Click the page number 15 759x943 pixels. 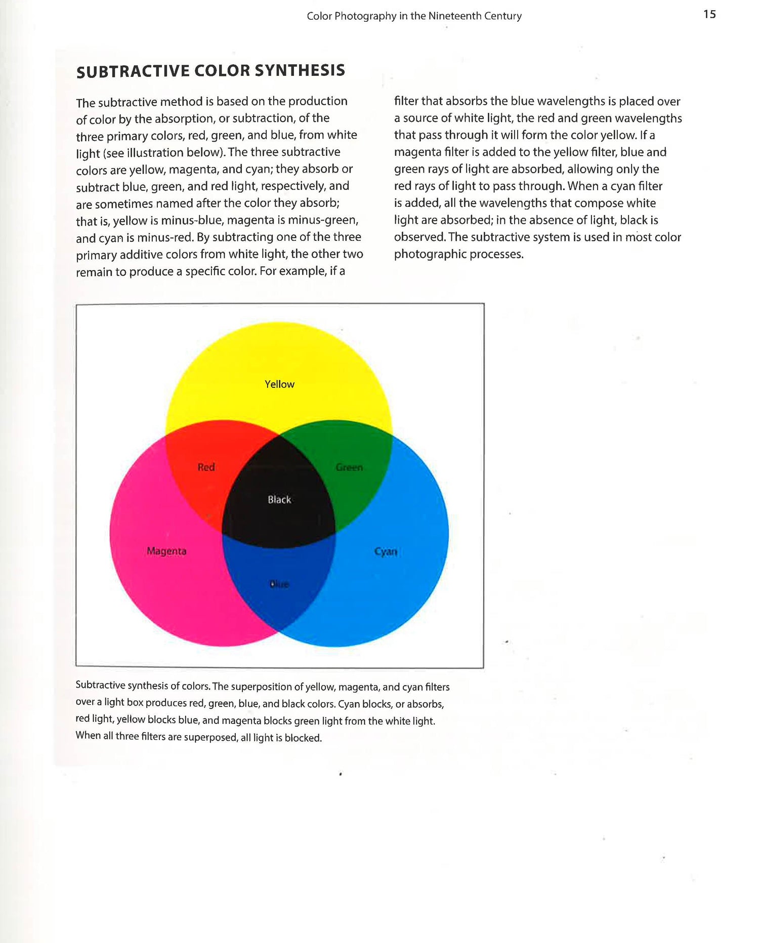coord(709,14)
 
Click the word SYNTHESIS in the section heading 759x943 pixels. coord(300,70)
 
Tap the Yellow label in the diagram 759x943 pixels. coord(279,384)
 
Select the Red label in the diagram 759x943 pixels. coord(206,467)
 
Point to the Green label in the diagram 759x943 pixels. coord(349,467)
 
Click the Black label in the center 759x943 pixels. coord(279,500)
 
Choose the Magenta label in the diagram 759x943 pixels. coord(166,551)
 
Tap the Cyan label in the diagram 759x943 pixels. coord(386,551)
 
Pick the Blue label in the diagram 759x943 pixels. coord(279,584)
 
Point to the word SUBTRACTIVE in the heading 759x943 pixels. coord(133,71)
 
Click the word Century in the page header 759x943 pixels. coord(502,16)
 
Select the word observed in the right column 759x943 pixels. coord(419,237)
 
